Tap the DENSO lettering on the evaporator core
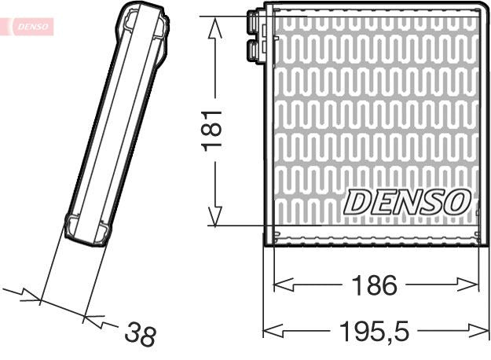pos(406,201)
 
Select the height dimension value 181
pos(214,130)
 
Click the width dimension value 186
pos(375,285)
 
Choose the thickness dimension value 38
pos(141,335)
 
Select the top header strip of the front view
pos(375,10)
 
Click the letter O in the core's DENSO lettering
pos(457,201)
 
